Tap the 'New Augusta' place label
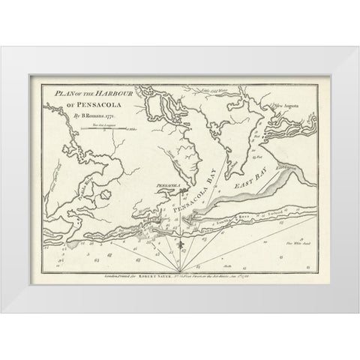coord(298,106)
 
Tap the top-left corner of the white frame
coord(2,46)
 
